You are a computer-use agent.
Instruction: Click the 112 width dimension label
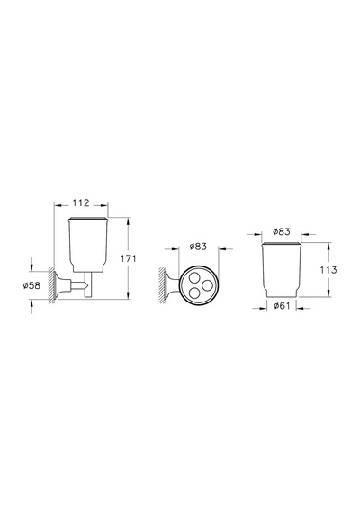pos(81,202)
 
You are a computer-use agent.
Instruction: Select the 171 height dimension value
pos(129,258)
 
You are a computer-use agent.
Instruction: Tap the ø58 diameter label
pos(31,285)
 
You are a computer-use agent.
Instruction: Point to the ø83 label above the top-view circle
pos(198,246)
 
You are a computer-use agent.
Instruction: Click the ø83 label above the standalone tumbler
pos(282,231)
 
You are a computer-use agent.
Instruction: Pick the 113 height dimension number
pos(328,270)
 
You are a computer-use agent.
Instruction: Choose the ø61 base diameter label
pos(282,306)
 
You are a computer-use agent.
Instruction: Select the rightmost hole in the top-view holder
pos(207,285)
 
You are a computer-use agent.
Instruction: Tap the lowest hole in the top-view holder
pos(194,292)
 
